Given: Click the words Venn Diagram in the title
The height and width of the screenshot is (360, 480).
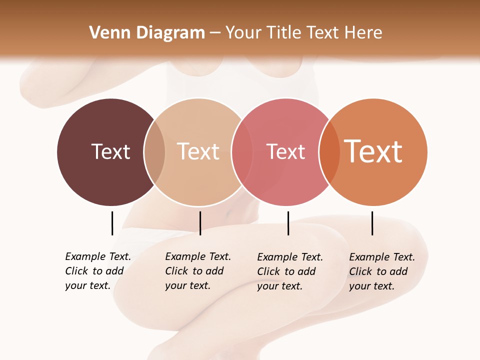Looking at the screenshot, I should (x=147, y=33).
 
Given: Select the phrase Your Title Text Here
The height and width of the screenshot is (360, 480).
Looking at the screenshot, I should (x=303, y=33).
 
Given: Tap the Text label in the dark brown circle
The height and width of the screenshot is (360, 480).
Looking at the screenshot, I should (x=110, y=151).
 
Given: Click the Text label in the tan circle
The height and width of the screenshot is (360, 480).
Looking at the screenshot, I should (x=198, y=151).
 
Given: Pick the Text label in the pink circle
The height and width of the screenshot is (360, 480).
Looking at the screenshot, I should (x=285, y=151).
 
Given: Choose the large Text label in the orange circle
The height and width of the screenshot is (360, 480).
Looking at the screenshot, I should (x=373, y=151).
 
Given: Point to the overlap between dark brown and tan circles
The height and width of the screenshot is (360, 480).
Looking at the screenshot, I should (x=154, y=152).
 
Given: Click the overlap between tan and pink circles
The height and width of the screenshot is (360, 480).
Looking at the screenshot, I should (x=242, y=152).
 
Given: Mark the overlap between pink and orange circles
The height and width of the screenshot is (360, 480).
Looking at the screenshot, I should (x=329, y=152).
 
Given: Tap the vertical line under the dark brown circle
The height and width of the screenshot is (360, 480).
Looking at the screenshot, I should (x=112, y=223).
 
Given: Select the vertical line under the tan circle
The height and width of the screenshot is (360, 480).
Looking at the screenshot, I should (x=200, y=223).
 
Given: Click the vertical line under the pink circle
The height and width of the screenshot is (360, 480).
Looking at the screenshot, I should (x=288, y=223).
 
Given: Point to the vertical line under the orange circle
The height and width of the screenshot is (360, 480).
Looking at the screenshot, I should (x=372, y=223).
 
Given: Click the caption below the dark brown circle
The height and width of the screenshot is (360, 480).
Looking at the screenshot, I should (x=97, y=271).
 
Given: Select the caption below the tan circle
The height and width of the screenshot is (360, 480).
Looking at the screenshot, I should (x=197, y=271).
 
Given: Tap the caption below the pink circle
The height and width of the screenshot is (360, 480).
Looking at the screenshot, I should (x=289, y=271).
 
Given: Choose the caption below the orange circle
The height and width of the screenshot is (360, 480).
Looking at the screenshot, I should (x=381, y=271).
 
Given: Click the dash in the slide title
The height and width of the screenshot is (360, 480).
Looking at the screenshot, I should (x=215, y=33).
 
